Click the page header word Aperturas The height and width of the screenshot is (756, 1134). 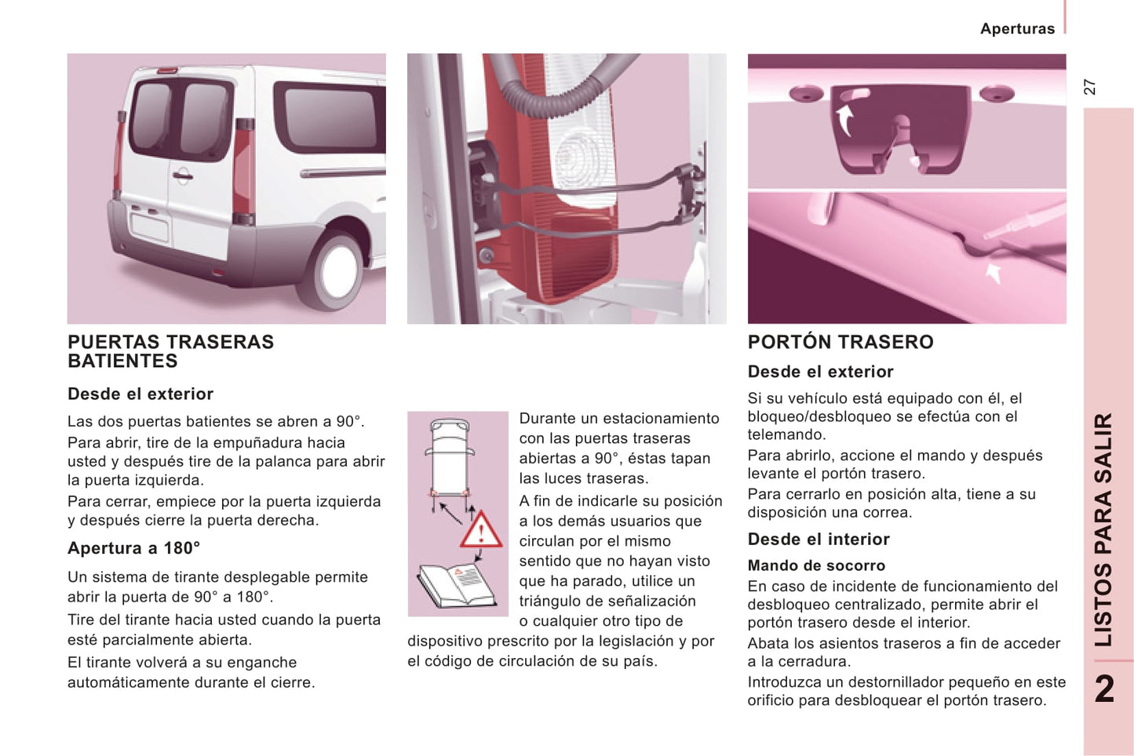pyautogui.click(x=1018, y=29)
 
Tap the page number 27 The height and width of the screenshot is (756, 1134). pyautogui.click(x=1089, y=87)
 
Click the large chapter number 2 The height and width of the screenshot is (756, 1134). pyautogui.click(x=1104, y=689)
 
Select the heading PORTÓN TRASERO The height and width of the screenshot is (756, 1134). pyautogui.click(x=840, y=342)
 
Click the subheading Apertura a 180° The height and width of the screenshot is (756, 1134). pyautogui.click(x=133, y=548)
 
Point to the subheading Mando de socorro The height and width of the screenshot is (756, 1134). pyautogui.click(x=816, y=565)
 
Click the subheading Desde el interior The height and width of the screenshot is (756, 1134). pyautogui.click(x=818, y=539)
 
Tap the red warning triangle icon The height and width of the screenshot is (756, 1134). pyautogui.click(x=480, y=530)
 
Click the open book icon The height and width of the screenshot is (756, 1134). pyautogui.click(x=457, y=586)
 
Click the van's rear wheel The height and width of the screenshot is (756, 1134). pyautogui.click(x=332, y=271)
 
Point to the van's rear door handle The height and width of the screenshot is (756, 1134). pyautogui.click(x=182, y=176)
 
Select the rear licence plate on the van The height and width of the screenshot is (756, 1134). pyautogui.click(x=149, y=227)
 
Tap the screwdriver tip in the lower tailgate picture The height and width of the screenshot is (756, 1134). pyautogui.click(x=986, y=236)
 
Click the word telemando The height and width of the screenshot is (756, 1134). pyautogui.click(x=786, y=434)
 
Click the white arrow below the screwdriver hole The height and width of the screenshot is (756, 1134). pyautogui.click(x=994, y=274)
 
